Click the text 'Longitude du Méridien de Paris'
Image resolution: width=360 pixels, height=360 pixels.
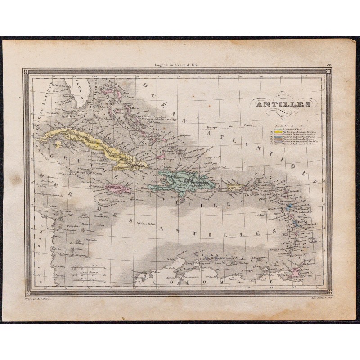point(175,65)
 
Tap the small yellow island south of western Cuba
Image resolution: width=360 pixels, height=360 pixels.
point(57,144)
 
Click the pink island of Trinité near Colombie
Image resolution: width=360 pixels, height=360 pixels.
point(295,272)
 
